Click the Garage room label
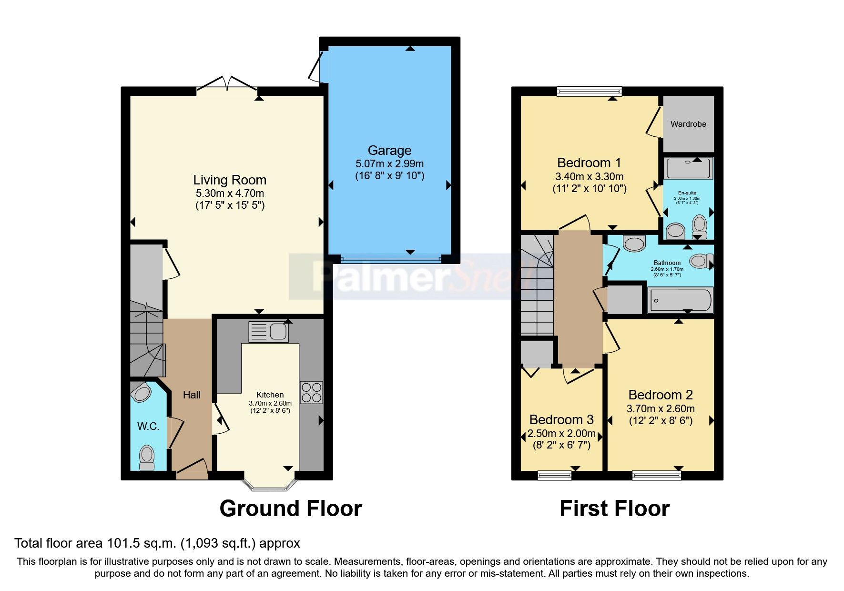tap(389, 151)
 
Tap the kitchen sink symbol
tap(269, 331)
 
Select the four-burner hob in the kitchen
tap(311, 392)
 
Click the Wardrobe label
tap(688, 124)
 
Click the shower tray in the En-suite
tap(688, 168)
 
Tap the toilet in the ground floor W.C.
tap(147, 458)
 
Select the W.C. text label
tap(148, 426)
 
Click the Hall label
tap(192, 395)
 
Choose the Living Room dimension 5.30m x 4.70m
tap(230, 194)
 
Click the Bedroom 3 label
tap(561, 419)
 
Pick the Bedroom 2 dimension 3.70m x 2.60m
tap(661, 408)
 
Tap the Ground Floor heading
tap(291, 509)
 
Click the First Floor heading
tap(614, 509)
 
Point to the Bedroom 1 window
tap(590, 91)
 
